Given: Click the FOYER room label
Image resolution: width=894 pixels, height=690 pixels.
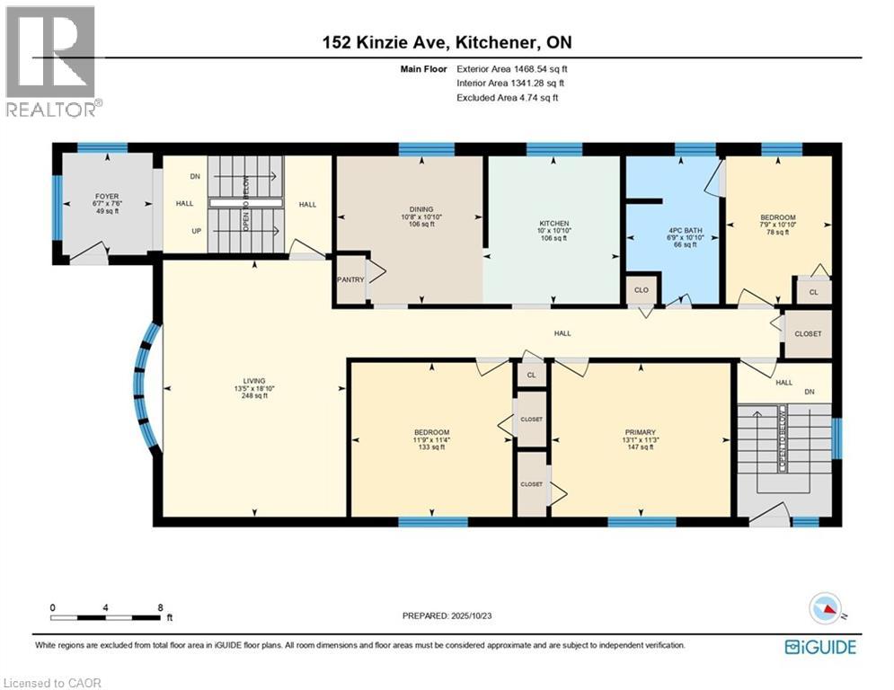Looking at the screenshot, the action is pos(107,196).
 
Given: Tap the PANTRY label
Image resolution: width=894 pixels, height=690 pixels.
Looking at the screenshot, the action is pos(350,279).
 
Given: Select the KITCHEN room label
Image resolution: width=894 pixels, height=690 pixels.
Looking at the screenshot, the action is pos(554,224).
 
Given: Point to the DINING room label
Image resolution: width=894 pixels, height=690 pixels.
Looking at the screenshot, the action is pos(421,209).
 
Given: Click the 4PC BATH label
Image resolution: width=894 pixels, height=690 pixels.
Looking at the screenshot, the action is pos(685,230).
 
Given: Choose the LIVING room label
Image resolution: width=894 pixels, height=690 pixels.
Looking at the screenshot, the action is pos(254,381).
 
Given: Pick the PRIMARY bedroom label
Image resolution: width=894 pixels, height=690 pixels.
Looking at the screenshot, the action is pos(641,432).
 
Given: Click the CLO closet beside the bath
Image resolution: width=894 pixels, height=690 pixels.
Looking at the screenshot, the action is pos(642,290).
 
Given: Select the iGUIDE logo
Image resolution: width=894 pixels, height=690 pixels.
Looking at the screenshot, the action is pos(820,647).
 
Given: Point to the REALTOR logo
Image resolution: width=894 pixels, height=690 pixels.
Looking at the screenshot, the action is pos(52,61).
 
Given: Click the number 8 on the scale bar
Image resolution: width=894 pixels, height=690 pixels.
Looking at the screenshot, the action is pos(160,608).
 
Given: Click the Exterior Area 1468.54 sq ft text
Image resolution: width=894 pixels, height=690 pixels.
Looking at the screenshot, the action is pos(512,69).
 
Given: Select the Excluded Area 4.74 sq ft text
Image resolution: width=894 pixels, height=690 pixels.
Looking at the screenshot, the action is pos(508,98).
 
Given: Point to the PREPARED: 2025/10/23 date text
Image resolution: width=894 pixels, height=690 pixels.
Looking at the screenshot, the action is pos(447,615).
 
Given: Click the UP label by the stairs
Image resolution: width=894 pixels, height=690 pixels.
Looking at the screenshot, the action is pos(196,231).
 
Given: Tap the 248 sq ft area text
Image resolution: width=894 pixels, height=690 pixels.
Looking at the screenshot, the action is pos(254,395).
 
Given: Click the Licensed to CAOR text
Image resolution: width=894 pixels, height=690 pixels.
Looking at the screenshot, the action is pos(52,683).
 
